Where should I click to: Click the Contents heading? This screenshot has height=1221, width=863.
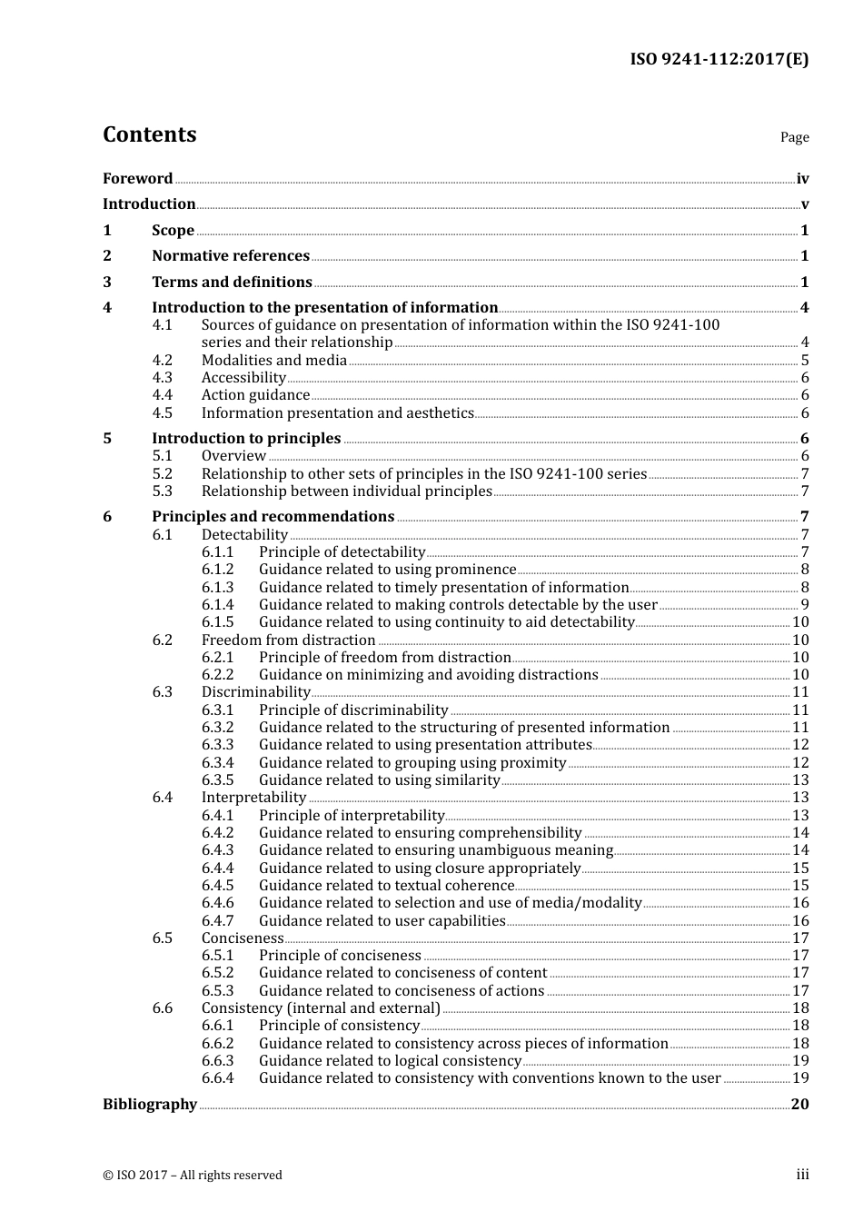pyautogui.click(x=149, y=134)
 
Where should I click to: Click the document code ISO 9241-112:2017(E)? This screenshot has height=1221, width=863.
pyautogui.click(x=719, y=59)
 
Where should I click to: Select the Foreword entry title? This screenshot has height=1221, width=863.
pyautogui.click(x=137, y=178)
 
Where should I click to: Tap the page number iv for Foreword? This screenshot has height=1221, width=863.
pyautogui.click(x=802, y=178)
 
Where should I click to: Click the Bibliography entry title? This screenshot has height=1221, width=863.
pyautogui.click(x=149, y=1104)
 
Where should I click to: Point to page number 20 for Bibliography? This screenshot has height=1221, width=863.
pyautogui.click(x=799, y=1104)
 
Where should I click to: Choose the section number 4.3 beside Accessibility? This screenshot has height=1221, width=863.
pyautogui.click(x=162, y=377)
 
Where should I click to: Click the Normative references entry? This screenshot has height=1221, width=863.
pyautogui.click(x=231, y=255)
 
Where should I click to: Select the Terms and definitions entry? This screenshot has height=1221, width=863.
pyautogui.click(x=232, y=282)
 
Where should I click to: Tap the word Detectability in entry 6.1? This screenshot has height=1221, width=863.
pyautogui.click(x=244, y=534)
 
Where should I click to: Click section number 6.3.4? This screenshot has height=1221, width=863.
pyautogui.click(x=217, y=762)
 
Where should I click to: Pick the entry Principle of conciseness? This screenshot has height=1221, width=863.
pyautogui.click(x=340, y=955)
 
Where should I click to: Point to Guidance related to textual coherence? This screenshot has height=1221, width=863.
pyautogui.click(x=386, y=885)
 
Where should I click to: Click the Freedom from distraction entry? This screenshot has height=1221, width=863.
pyautogui.click(x=288, y=640)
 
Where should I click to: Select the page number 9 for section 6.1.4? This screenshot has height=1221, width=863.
pyautogui.click(x=805, y=604)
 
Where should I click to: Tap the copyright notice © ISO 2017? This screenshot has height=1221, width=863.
pyautogui.click(x=192, y=1175)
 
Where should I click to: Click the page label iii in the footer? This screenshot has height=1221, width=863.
pyautogui.click(x=802, y=1174)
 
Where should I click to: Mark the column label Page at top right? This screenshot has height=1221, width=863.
pyautogui.click(x=794, y=137)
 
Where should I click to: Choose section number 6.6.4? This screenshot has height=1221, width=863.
pyautogui.click(x=217, y=1077)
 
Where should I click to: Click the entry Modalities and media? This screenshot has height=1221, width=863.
pyautogui.click(x=273, y=360)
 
